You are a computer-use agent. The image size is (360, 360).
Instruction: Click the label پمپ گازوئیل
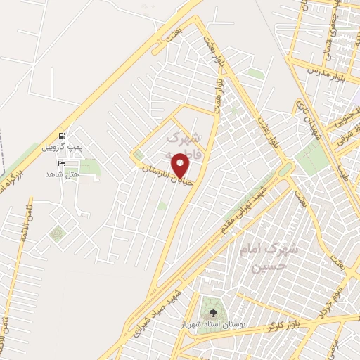point(63,146)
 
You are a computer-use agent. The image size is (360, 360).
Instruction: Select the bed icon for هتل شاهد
point(61,163)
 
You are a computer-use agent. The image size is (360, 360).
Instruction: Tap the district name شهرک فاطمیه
point(187,143)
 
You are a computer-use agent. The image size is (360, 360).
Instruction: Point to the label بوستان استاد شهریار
point(211,322)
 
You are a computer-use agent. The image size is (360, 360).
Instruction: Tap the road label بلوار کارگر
point(283,325)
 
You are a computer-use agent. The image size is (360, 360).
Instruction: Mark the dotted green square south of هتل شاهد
point(57,233)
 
